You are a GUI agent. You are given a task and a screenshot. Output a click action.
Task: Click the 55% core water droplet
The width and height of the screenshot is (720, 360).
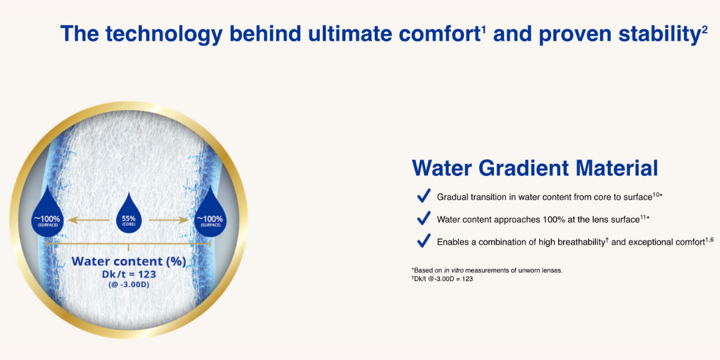pos(129,216)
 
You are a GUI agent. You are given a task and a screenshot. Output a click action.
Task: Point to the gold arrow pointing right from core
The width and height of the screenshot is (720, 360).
pos(169,221)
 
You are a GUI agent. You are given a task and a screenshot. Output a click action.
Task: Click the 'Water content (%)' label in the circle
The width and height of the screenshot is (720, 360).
pos(129,262)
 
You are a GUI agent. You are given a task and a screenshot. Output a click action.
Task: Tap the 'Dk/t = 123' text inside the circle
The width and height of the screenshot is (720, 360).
pos(129,274)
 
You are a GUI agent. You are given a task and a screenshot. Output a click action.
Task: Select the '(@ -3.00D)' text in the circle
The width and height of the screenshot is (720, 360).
pos(129,284)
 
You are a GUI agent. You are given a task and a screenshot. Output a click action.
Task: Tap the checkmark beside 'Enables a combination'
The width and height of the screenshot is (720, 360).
pos(423,240)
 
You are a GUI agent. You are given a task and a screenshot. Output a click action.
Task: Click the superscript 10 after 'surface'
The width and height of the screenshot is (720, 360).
pos(657,195)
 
